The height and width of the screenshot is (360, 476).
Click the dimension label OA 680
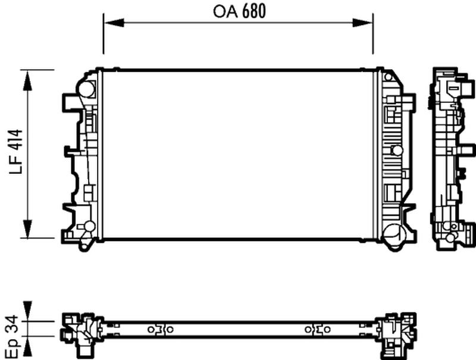(x=239, y=11)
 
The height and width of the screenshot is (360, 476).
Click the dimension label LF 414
(x=16, y=152)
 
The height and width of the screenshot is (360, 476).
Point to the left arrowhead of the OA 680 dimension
(x=114, y=23)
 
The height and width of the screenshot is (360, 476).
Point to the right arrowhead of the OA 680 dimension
(x=362, y=23)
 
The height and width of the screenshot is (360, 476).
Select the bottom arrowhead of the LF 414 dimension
(x=27, y=228)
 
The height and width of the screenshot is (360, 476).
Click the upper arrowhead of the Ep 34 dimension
(x=27, y=311)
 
